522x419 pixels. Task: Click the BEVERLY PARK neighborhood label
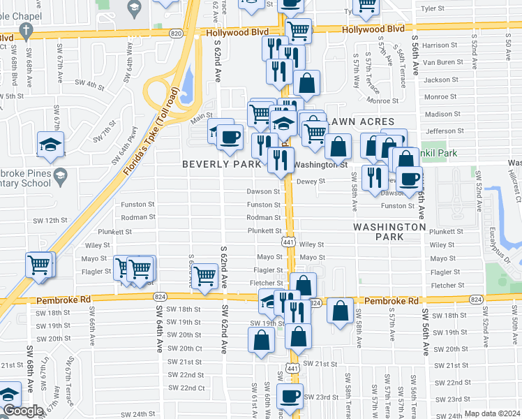222,164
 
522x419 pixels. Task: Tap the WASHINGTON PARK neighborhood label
389,232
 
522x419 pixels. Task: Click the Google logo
23,411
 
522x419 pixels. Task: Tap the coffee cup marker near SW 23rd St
290,397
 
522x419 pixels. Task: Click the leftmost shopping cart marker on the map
39,265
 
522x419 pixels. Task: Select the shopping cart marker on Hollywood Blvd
299,30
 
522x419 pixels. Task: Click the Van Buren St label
437,62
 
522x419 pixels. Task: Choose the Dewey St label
311,181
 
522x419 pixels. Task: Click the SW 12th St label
50,220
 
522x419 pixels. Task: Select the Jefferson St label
440,131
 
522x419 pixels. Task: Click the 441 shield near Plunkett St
288,242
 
